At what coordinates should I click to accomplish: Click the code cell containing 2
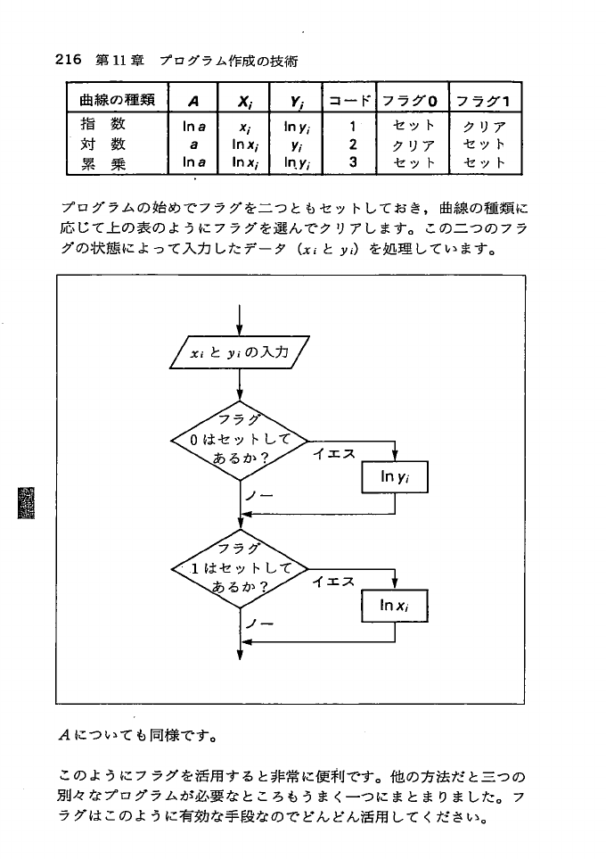coord(354,143)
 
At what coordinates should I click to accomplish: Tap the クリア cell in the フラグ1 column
coord(485,126)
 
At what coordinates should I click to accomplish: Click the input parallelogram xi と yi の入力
coord(240,352)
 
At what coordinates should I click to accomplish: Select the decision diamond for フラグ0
coord(240,440)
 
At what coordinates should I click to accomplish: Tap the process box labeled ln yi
coord(395,477)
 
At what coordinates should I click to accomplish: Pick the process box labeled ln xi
coord(395,606)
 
